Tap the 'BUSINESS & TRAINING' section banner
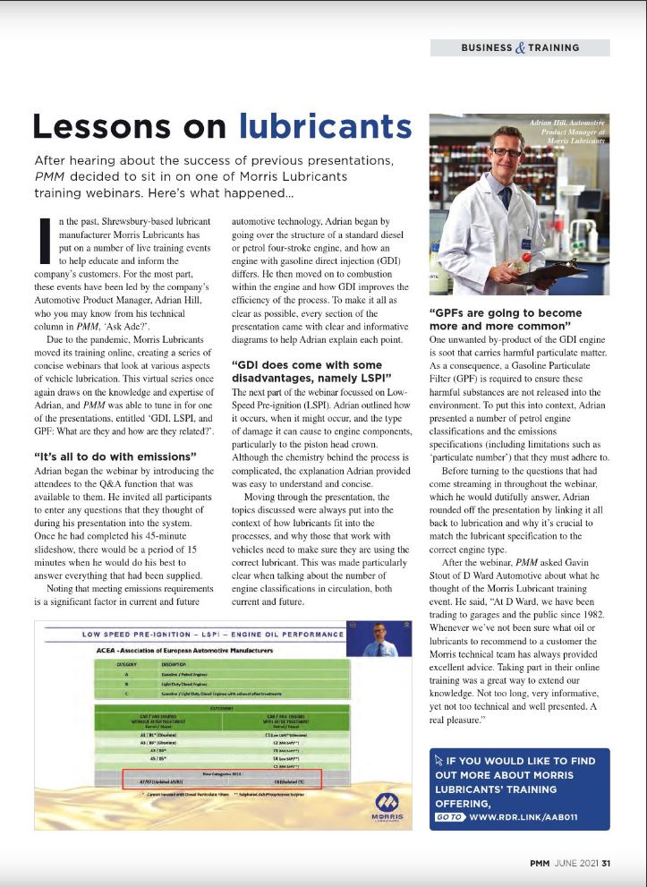coord(520,47)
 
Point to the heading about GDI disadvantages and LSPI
coord(306,371)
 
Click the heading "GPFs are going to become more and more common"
coord(506,320)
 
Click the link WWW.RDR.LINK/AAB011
coord(524,817)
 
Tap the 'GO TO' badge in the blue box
coord(448,817)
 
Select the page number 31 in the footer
coord(606,864)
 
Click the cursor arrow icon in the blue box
coord(439,760)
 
